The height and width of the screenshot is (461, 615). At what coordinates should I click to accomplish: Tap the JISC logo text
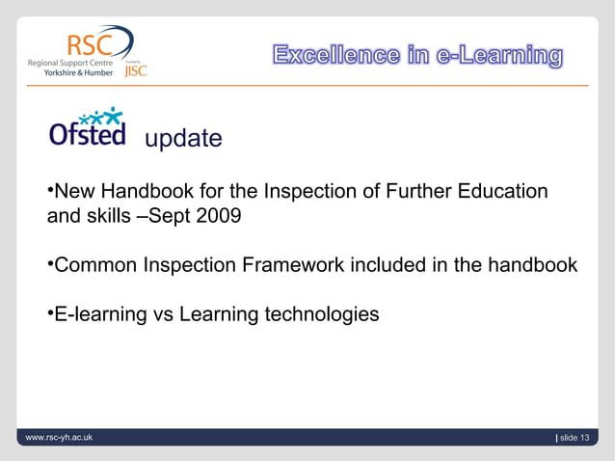point(135,69)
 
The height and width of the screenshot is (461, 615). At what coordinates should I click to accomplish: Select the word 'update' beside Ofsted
point(183,139)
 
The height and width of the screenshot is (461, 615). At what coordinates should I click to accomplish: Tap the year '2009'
point(217,215)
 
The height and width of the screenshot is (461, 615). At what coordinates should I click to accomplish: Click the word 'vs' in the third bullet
point(163,314)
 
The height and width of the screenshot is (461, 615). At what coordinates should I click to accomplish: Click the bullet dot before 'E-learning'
point(51,312)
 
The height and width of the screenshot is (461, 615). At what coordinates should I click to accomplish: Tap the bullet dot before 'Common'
point(51,261)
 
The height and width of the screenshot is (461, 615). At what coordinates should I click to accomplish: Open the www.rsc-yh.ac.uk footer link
point(60,439)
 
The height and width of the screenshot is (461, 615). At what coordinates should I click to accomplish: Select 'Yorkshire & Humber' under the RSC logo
point(80,72)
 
